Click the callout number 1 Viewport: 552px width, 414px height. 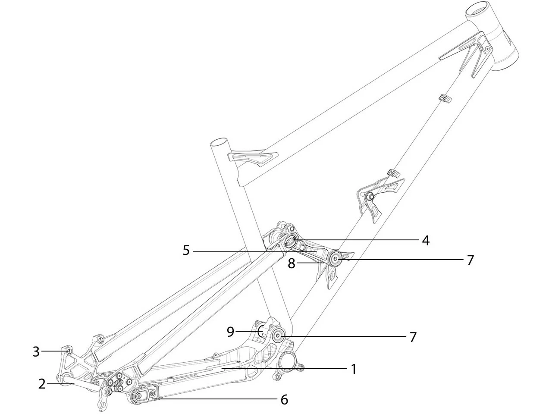pos(353,369)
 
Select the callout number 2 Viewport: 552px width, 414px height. pos(42,383)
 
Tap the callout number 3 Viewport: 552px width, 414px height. pos(36,351)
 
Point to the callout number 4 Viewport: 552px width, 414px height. pos(425,240)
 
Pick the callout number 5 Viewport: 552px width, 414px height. pos(186,250)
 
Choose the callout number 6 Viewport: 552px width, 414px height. pos(284,399)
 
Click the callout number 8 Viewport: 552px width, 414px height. pos(292,263)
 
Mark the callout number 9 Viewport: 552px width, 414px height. pos(230,332)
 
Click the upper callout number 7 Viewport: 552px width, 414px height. pos(470,260)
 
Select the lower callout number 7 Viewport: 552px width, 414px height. pos(413,337)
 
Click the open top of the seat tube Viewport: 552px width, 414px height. pos(219,143)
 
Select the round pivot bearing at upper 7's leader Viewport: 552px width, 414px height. pos(335,259)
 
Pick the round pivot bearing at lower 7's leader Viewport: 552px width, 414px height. pos(277,335)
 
